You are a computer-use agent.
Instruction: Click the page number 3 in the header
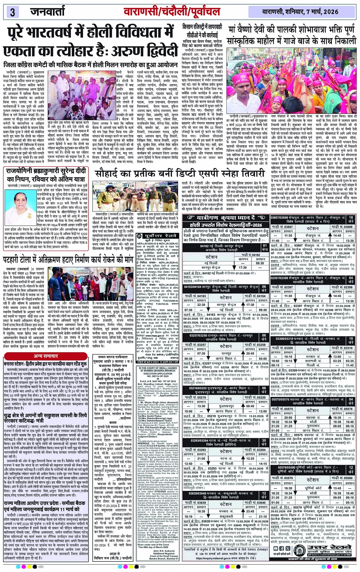12,12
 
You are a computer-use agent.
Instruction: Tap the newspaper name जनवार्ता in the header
48,12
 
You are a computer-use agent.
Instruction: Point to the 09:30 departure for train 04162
260,263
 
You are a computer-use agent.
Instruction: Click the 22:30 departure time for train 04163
201,305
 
